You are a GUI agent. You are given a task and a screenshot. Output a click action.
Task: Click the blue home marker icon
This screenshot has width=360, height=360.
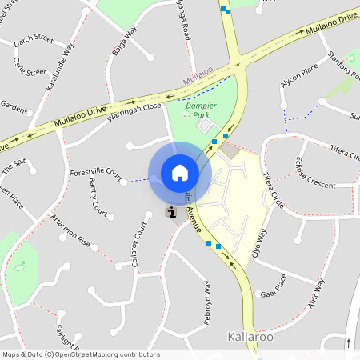point(180,173)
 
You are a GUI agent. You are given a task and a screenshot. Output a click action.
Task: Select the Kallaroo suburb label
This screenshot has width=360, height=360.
point(252,337)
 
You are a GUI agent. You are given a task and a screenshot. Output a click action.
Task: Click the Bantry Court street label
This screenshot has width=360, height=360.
point(98,197)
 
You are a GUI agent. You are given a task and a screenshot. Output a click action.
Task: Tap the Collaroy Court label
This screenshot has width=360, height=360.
point(140,244)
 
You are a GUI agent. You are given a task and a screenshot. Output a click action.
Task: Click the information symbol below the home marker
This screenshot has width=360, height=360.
point(172,212)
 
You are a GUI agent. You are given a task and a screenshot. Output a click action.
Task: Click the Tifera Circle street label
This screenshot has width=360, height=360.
point(272,190)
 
